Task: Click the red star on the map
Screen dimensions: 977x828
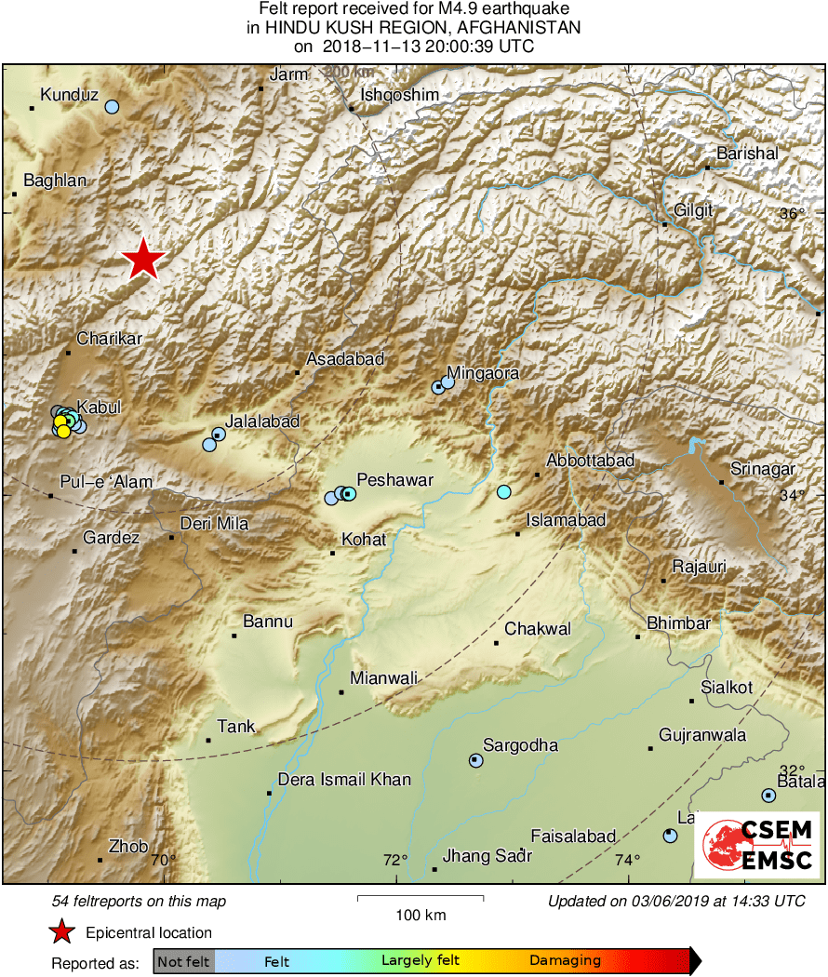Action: coord(142,259)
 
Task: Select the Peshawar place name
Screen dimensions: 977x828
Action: coord(396,480)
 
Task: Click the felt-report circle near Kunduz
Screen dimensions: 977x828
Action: coord(112,107)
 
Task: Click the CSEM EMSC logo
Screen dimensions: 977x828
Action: coord(757,845)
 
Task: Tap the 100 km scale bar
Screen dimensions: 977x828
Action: coord(421,899)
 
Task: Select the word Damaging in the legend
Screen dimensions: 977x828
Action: coord(565,960)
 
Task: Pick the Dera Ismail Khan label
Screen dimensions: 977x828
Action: coord(344,780)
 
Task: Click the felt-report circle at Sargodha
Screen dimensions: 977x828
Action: coord(476,760)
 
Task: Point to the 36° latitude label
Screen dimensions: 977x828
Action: coord(792,214)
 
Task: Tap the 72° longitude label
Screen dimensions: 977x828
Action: coord(394,859)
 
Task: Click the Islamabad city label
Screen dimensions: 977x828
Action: coord(566,520)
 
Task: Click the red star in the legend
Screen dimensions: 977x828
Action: coord(62,931)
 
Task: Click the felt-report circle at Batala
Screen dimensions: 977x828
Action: coord(768,795)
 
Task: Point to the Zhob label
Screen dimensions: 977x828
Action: coord(128,847)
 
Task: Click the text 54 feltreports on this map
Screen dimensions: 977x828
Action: coord(139,901)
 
